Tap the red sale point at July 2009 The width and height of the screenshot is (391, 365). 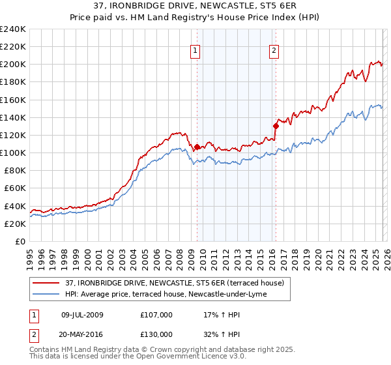pyautogui.click(x=197, y=147)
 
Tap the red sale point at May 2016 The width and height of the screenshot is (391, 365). pyautogui.click(x=276, y=126)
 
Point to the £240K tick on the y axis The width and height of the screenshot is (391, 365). pyautogui.click(x=13, y=29)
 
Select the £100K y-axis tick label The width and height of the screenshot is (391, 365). pyautogui.click(x=13, y=153)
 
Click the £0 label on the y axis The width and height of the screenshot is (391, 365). pyautogui.click(x=20, y=241)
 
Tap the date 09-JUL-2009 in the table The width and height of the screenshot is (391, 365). pyautogui.click(x=87, y=314)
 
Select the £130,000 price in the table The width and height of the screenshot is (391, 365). pyautogui.click(x=156, y=334)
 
